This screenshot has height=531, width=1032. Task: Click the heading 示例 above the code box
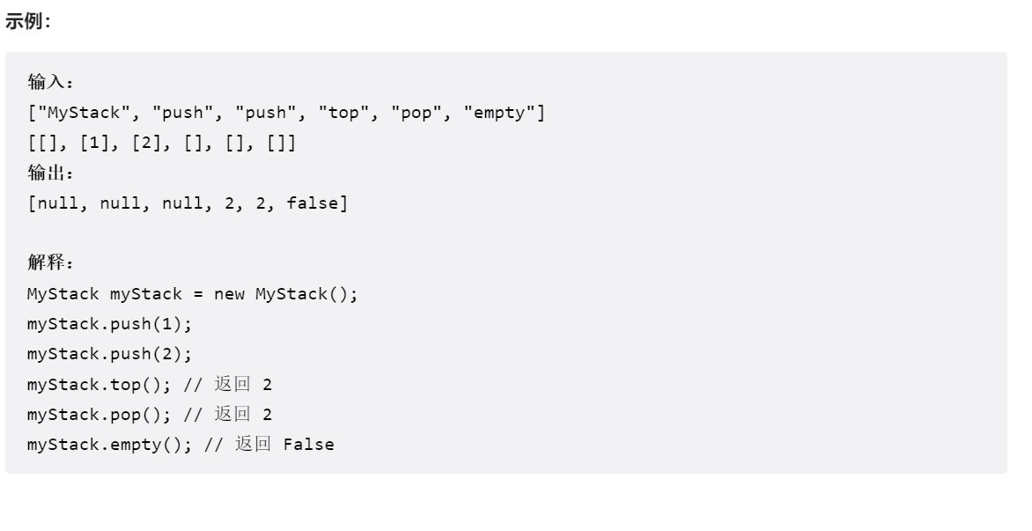pos(27,23)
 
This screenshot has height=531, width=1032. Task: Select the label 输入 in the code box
pos(50,83)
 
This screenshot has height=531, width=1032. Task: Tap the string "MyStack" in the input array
pos(85,113)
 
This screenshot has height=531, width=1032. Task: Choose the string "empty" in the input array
pos(504,113)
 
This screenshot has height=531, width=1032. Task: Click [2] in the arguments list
pos(147,144)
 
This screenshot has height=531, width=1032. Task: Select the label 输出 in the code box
pos(50,173)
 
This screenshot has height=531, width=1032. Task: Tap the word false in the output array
pos(312,204)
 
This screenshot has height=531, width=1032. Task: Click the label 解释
pos(50,263)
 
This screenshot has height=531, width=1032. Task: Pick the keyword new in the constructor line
pos(229,294)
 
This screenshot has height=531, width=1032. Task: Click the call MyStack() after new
pos(306,294)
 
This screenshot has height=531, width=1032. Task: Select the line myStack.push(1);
pos(110,324)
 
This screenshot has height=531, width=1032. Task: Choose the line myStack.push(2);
pos(110,354)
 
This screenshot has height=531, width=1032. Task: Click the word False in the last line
pos(309,445)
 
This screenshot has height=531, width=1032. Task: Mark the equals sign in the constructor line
pos(198,294)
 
